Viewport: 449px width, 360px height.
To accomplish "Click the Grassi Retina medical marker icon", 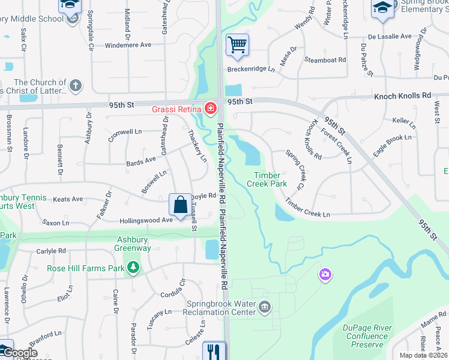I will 210,109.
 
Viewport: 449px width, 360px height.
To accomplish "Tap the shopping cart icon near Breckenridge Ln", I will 238,44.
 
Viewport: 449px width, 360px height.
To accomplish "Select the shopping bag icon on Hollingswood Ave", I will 180,205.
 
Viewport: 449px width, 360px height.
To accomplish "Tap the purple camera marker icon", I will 325,275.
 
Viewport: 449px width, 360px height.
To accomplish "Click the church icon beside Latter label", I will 76,86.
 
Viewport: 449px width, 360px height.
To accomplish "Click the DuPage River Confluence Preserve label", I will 367,336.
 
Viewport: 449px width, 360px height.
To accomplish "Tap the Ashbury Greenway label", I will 133,244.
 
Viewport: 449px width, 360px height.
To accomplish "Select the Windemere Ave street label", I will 128,45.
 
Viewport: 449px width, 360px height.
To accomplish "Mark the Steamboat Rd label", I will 325,59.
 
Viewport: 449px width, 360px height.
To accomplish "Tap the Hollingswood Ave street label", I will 146,220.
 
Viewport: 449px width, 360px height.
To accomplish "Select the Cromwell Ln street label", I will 125,131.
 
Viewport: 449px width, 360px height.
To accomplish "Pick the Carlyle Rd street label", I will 50,251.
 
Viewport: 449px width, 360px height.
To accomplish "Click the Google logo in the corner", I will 19,353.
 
